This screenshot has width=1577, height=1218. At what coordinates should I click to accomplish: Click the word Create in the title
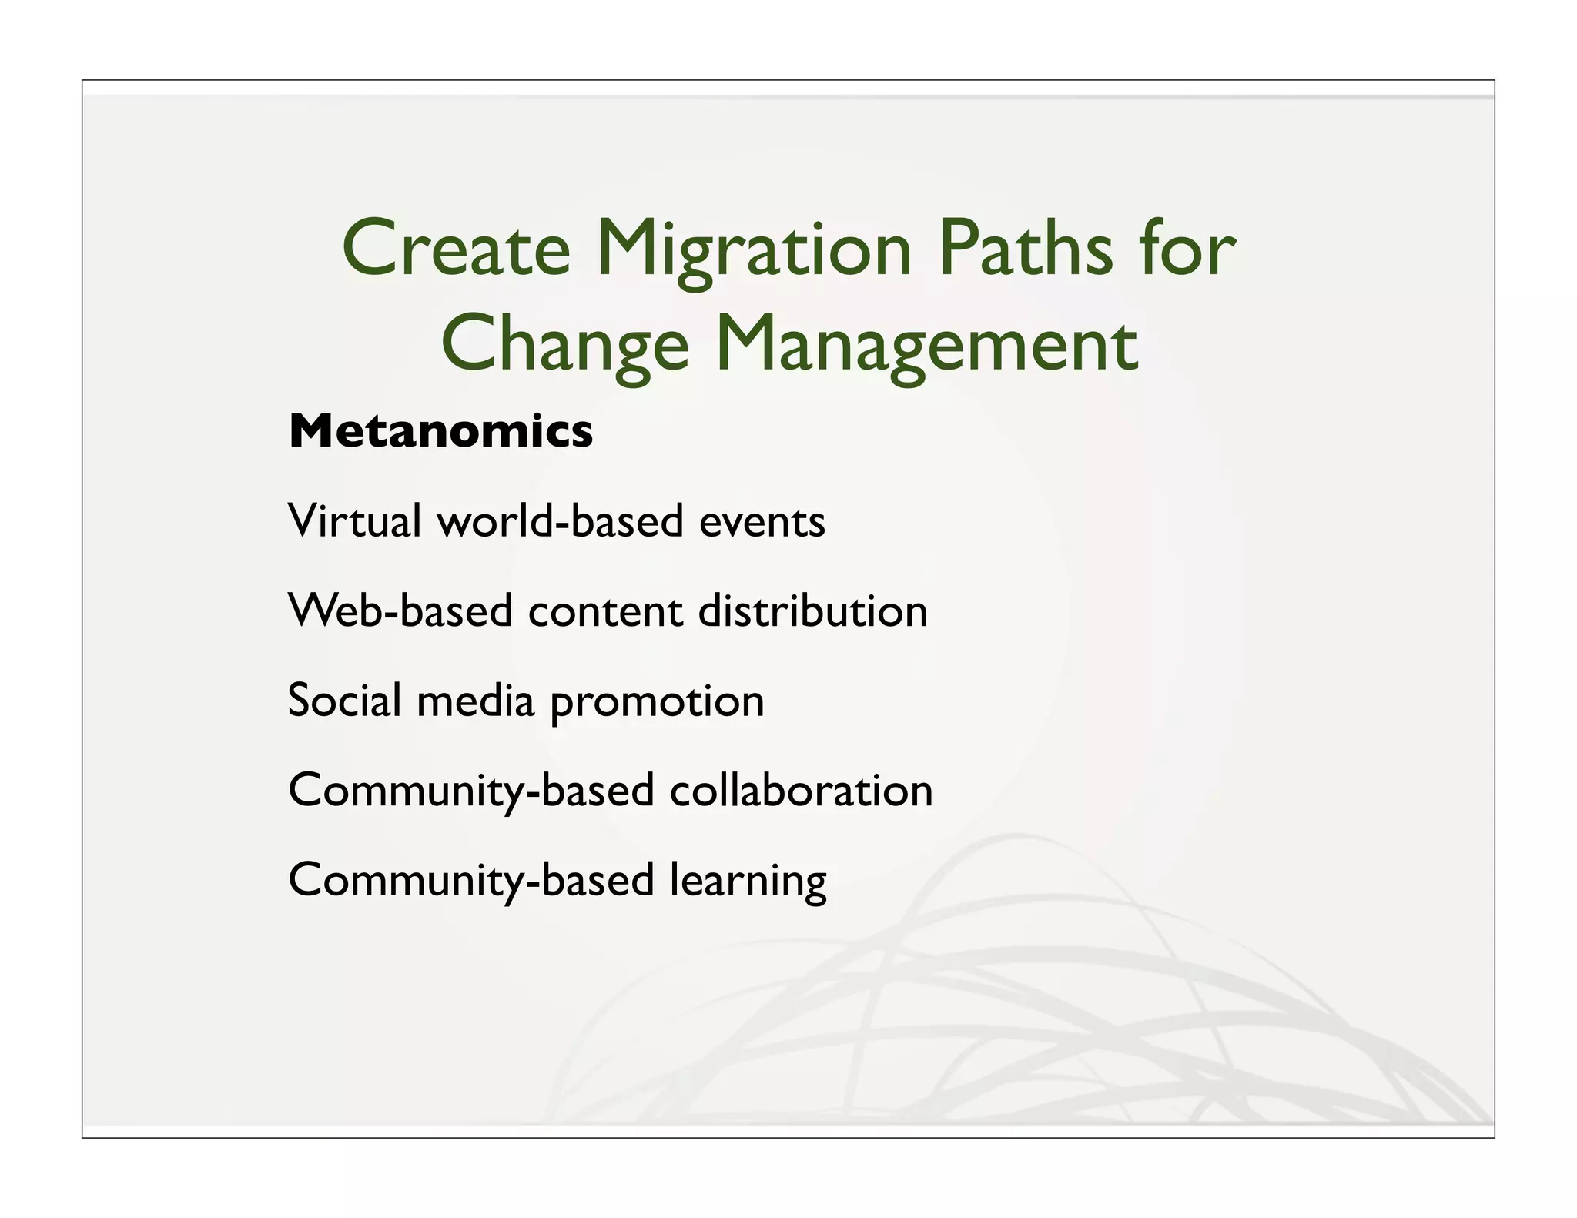tap(456, 248)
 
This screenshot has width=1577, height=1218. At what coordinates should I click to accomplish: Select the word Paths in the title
tap(1025, 248)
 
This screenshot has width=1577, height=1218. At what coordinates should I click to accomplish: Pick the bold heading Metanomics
tap(440, 430)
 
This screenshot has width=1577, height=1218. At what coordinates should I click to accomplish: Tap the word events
tap(762, 522)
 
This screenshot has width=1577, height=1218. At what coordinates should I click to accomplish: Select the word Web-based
tap(400, 611)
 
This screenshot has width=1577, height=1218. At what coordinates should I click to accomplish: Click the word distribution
tap(812, 611)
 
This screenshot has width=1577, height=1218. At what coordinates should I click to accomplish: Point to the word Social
tap(344, 701)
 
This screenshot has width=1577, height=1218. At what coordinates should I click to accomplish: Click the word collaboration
tap(801, 791)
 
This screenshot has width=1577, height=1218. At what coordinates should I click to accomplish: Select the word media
tap(475, 701)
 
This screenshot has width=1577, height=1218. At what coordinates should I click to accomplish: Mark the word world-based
tap(561, 520)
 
